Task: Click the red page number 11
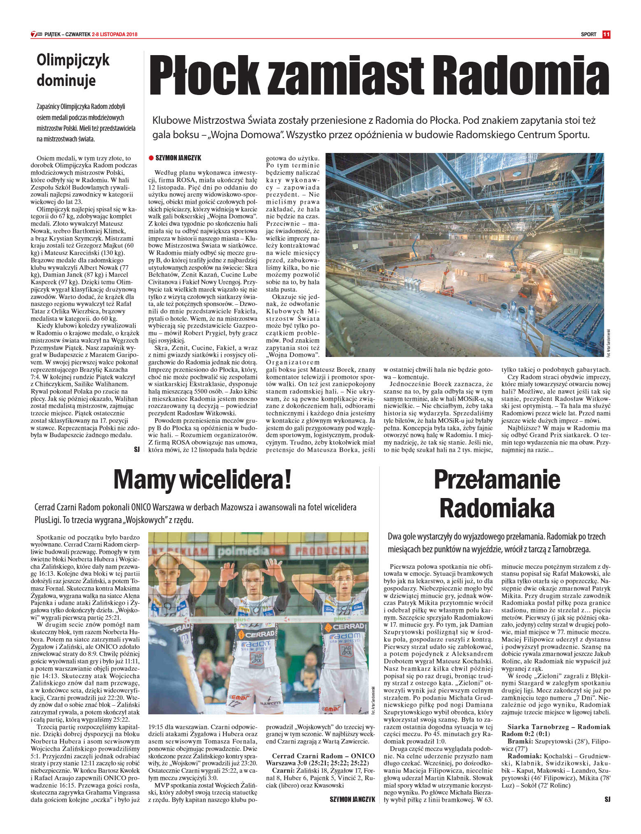pos(606,35)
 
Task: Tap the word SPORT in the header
pos(588,35)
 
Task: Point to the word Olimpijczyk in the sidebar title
pos(73,60)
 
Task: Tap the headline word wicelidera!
pos(238,480)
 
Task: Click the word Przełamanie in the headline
pos(497,480)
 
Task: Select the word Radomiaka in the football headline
pos(497,507)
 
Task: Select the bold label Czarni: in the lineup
pos(283,770)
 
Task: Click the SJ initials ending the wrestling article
pos(137,449)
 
